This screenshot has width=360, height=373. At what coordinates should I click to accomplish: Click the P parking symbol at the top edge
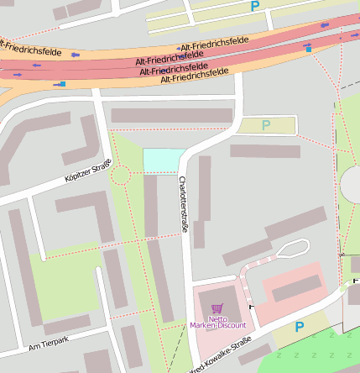(x=255, y=7)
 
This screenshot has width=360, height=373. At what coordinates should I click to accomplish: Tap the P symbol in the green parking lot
(x=266, y=126)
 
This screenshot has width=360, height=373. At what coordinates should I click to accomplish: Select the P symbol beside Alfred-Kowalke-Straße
(x=299, y=327)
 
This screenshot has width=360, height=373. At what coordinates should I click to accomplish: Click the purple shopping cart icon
(x=217, y=309)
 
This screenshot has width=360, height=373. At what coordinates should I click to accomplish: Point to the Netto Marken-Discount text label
(x=217, y=322)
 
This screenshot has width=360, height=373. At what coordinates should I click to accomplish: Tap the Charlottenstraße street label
(x=182, y=203)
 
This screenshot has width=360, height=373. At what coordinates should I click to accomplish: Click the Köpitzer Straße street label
(x=87, y=171)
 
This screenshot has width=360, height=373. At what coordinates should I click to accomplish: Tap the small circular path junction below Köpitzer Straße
(x=120, y=176)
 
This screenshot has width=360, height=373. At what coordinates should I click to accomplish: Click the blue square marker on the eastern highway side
(x=309, y=50)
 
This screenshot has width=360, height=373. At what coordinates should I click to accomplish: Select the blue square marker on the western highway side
(x=62, y=84)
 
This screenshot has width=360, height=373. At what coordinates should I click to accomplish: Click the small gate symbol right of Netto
(x=250, y=309)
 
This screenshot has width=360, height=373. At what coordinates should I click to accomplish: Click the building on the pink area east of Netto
(x=296, y=288)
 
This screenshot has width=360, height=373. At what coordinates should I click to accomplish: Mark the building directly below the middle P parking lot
(x=265, y=151)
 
